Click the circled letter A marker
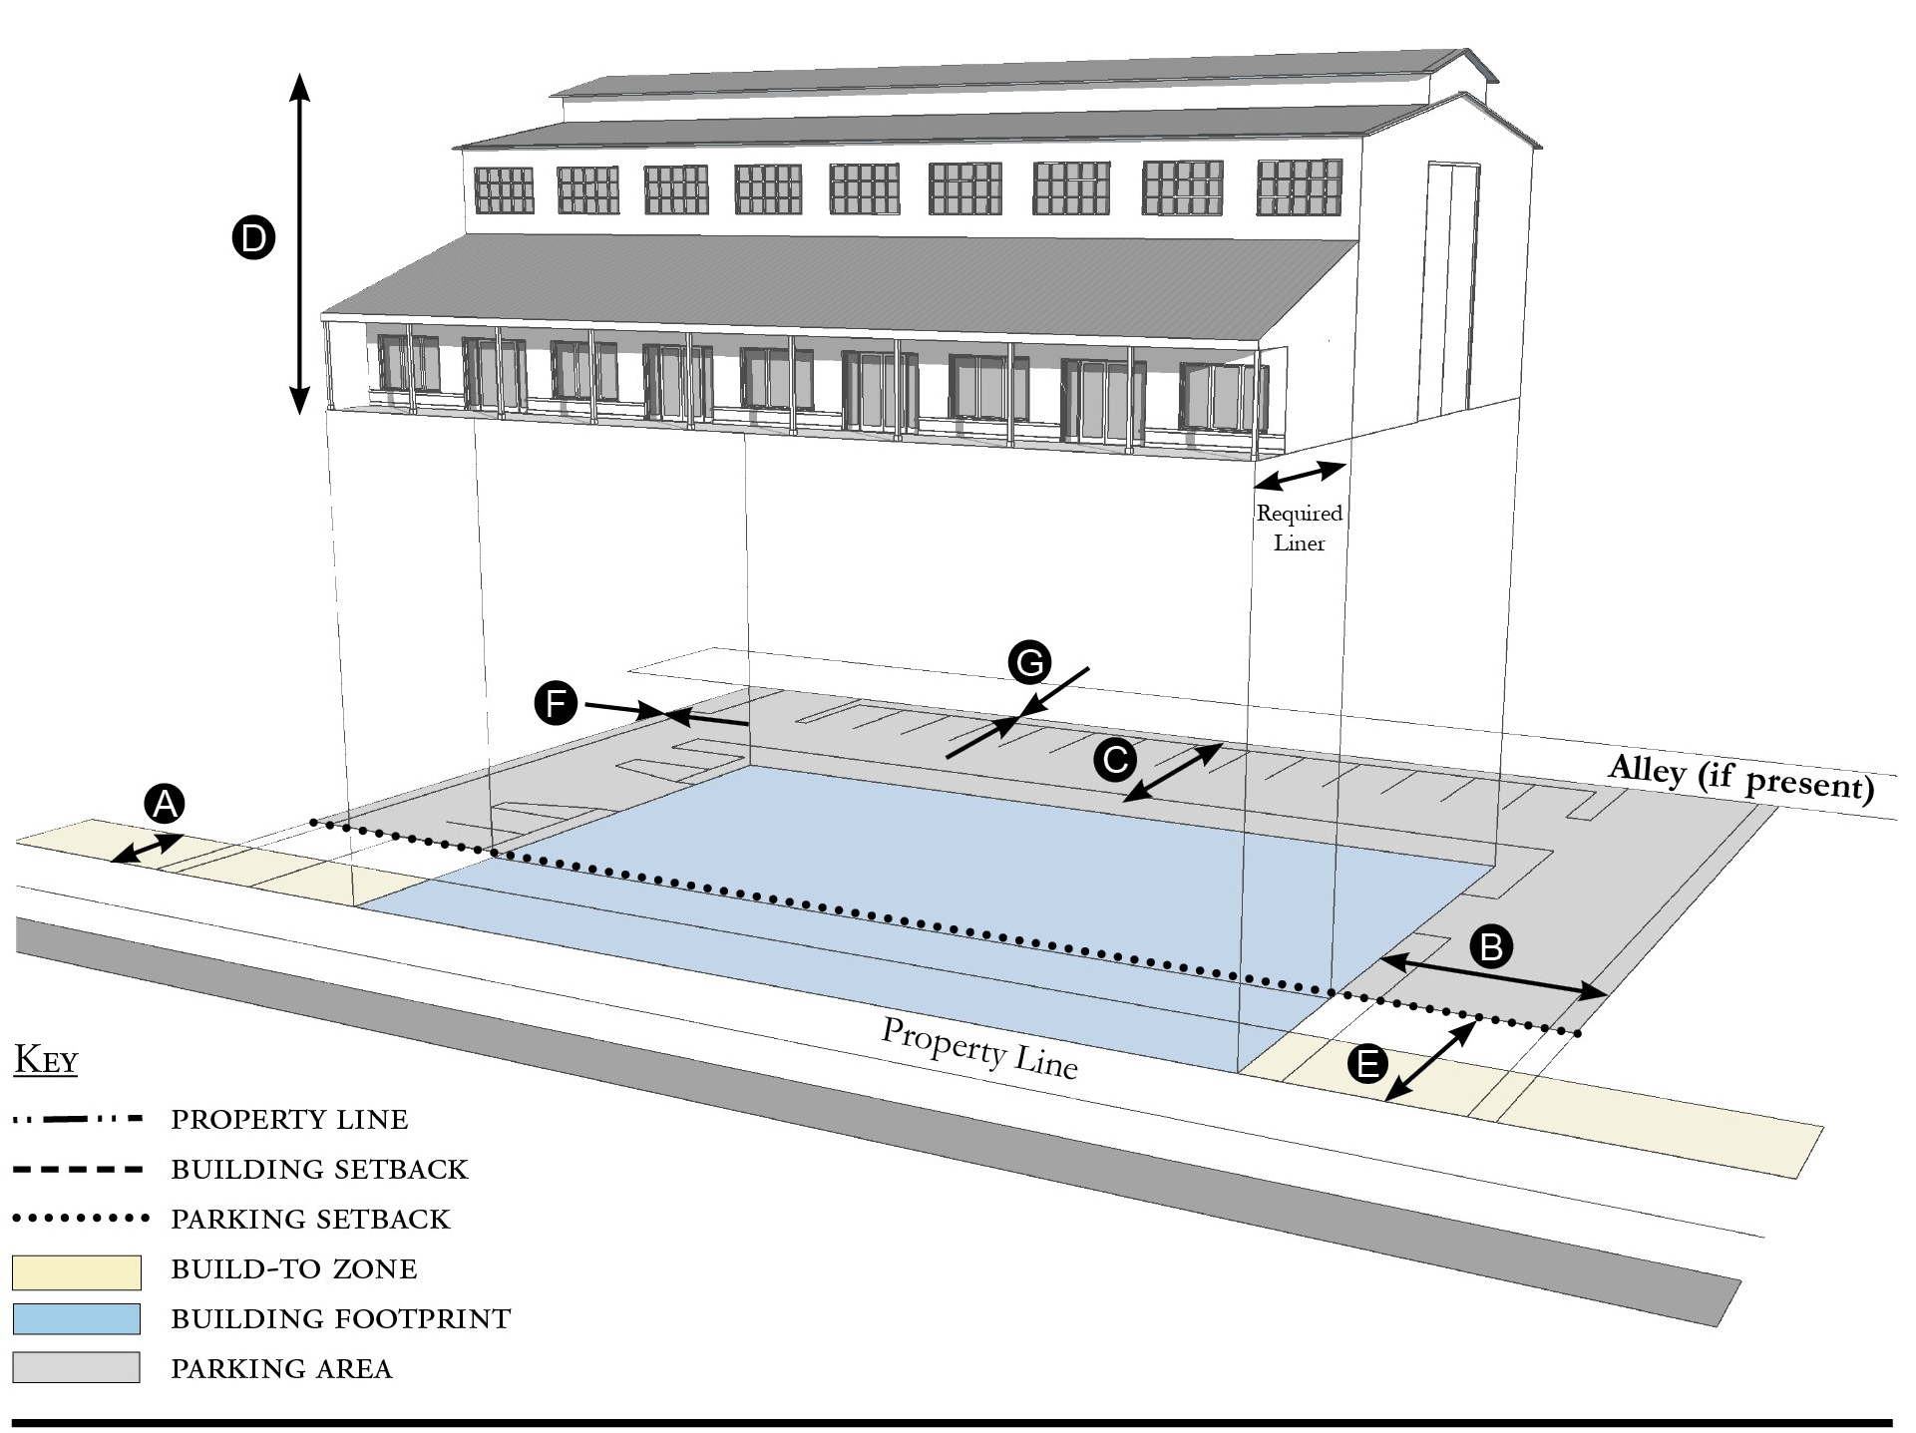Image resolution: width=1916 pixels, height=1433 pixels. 165,804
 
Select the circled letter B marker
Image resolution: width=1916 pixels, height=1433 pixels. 1491,945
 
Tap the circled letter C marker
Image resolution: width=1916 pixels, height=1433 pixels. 1114,760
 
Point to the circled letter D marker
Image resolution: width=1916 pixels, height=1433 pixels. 253,239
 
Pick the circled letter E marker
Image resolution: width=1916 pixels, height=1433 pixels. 1366,1064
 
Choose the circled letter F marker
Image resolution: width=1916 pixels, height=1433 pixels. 556,704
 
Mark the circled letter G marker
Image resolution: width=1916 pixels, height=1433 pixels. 1029,663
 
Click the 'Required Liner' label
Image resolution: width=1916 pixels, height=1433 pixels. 1299,529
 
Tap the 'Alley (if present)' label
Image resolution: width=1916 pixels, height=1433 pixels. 1740,778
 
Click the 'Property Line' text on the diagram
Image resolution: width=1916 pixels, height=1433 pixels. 979,1048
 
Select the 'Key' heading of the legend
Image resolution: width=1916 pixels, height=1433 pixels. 46,1060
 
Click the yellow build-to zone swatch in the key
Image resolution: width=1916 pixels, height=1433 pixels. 77,1271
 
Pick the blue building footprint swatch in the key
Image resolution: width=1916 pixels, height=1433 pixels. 77,1318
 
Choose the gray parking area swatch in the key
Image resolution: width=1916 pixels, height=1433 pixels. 77,1367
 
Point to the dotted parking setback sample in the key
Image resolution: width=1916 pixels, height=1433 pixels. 80,1218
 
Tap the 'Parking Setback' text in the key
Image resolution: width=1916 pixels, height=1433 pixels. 311,1220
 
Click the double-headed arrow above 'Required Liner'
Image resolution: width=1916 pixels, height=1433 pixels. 1300,476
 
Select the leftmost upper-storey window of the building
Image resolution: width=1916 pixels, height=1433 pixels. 504,189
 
